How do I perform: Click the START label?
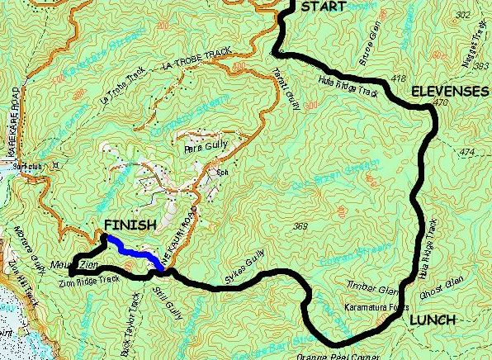tap(324, 7)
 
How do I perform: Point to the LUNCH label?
tap(433, 320)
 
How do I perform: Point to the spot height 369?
tap(300, 226)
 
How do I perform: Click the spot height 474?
tap(469, 153)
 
